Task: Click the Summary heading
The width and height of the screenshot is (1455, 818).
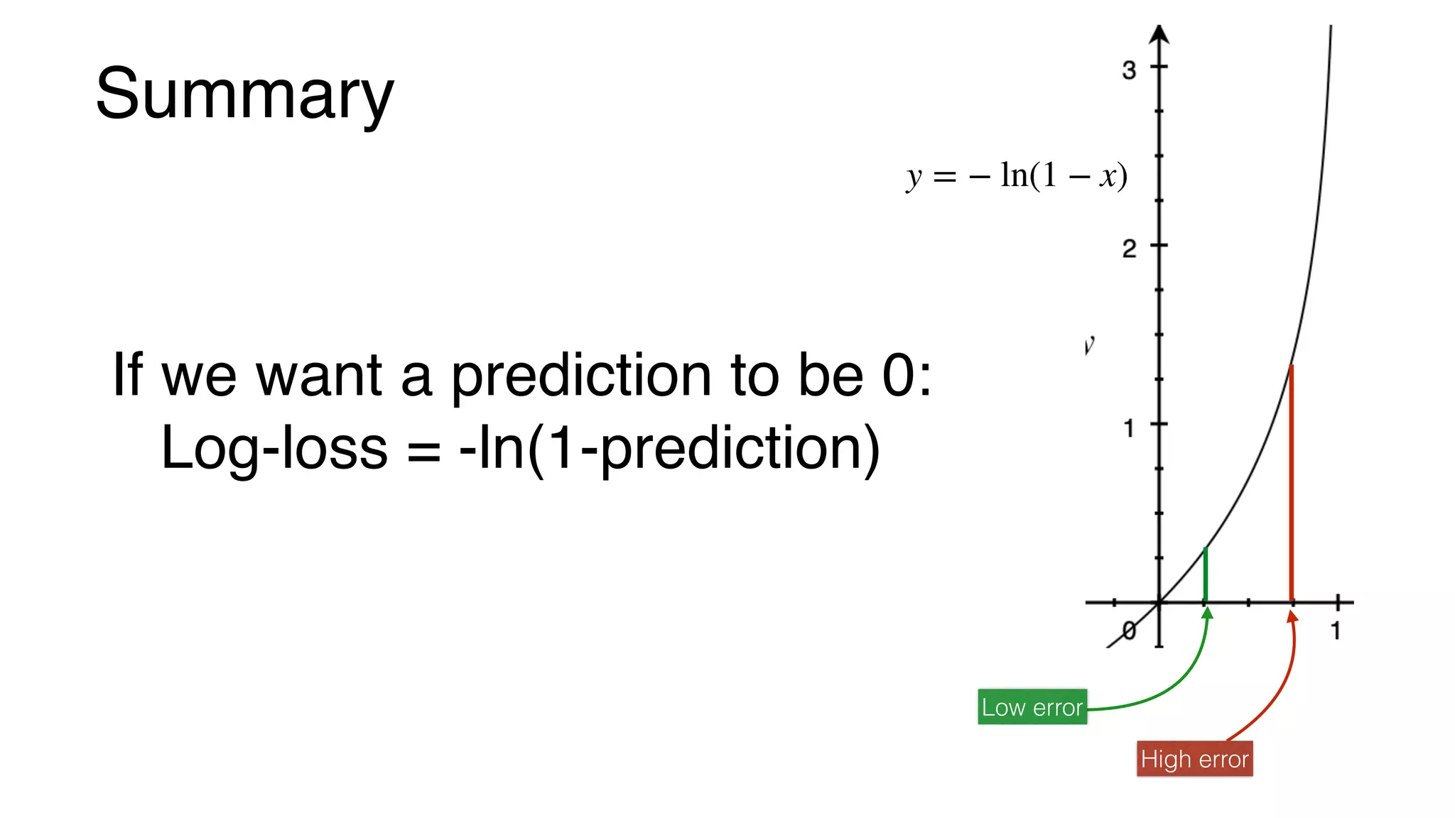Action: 244,94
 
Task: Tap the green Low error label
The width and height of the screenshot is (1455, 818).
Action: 1032,707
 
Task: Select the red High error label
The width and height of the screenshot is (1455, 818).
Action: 1194,759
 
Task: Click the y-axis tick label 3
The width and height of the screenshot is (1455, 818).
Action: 1129,70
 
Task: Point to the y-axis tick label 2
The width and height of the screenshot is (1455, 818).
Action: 1129,249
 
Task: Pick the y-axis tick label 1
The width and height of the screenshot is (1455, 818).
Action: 1129,428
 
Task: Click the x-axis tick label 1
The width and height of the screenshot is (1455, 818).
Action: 1336,631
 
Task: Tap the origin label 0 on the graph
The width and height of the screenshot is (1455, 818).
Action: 1129,630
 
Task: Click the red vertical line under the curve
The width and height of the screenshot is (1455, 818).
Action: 1291,483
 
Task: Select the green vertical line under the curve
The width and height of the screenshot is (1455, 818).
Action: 1205,575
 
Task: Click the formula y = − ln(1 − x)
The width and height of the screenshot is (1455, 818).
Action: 1017,175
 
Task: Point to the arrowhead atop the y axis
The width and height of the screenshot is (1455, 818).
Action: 1159,34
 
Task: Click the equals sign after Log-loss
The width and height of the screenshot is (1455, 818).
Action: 423,450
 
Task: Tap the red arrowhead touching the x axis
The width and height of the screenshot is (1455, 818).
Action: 1292,617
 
